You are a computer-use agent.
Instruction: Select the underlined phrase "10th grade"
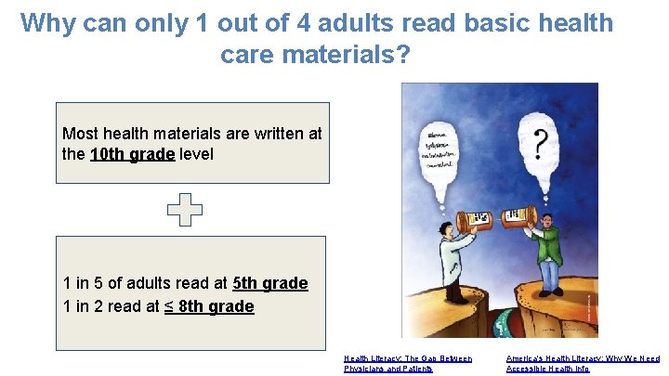point(132,154)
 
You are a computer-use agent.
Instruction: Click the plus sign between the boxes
point(184,210)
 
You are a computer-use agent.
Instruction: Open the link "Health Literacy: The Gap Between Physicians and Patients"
point(408,363)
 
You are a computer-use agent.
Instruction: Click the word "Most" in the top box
point(78,134)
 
